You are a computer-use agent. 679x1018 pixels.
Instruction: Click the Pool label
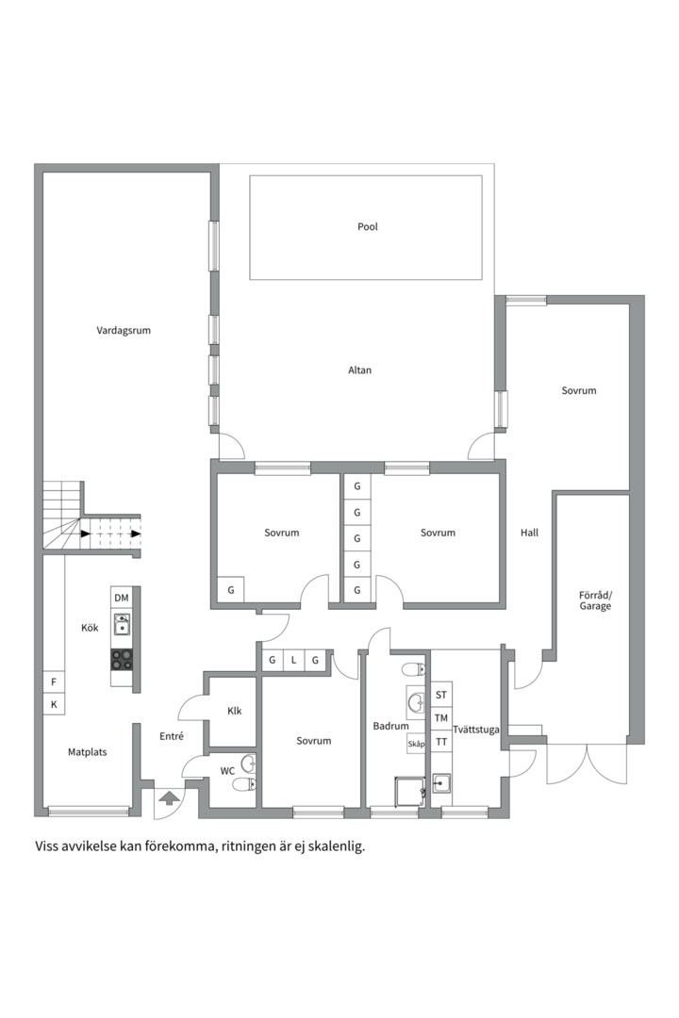367,226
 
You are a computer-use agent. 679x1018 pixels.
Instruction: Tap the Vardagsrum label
124,331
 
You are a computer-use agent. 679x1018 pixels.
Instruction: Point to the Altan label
360,370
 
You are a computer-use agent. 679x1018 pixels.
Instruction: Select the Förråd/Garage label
595,600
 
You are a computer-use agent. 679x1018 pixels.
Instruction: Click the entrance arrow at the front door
168,798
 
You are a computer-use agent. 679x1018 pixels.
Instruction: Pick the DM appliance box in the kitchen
122,598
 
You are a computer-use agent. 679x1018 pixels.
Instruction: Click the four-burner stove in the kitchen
122,660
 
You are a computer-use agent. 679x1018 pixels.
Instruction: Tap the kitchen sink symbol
122,625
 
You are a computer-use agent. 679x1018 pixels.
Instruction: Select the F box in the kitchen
54,681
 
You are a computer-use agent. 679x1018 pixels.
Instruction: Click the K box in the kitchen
54,704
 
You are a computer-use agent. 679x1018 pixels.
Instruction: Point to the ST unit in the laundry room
441,695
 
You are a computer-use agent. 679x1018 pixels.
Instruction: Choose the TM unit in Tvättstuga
441,718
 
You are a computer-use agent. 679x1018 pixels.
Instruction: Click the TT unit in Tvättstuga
441,742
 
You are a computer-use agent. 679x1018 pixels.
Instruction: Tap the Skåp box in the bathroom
416,744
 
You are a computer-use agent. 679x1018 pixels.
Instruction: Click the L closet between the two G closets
293,660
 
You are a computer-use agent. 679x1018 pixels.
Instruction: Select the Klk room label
235,711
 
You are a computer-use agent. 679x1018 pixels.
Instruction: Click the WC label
227,771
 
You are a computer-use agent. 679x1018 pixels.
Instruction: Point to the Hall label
530,533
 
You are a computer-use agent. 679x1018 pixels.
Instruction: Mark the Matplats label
87,752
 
